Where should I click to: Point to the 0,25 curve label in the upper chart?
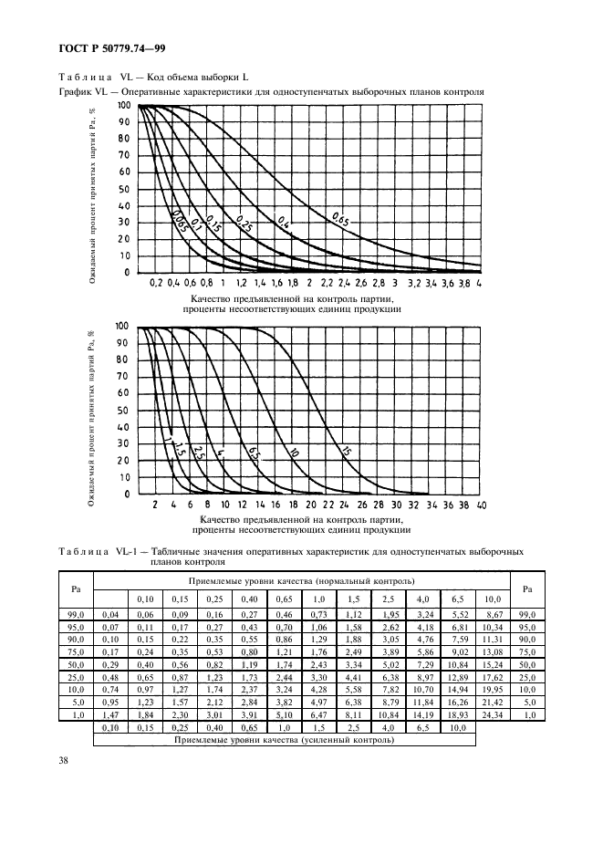[244, 221]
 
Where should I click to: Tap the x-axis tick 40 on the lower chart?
[481, 505]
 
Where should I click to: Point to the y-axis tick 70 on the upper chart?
[125, 156]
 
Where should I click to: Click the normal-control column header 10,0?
[493, 598]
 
